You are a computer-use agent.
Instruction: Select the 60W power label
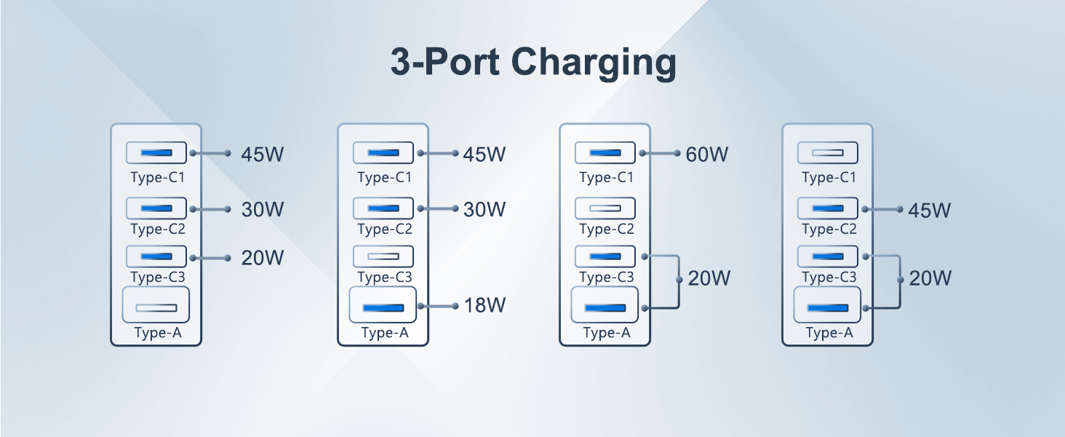pyautogui.click(x=706, y=154)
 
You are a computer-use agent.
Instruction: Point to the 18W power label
pyautogui.click(x=484, y=305)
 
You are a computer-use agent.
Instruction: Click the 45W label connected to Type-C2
pyautogui.click(x=929, y=210)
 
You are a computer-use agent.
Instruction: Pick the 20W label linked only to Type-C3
pyautogui.click(x=263, y=258)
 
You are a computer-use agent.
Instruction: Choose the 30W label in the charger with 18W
pyautogui.click(x=484, y=210)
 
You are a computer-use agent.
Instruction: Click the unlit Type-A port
pyautogui.click(x=156, y=306)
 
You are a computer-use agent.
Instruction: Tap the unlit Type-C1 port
pyautogui.click(x=828, y=153)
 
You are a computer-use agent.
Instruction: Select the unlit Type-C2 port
pyautogui.click(x=605, y=209)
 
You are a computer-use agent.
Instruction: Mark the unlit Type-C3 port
pyautogui.click(x=383, y=256)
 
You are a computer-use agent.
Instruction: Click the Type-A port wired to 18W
pyautogui.click(x=383, y=305)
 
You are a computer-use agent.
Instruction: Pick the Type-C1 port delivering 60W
pyautogui.click(x=605, y=153)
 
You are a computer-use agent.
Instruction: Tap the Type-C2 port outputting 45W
pyautogui.click(x=828, y=209)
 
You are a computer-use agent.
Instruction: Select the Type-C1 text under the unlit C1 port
pyautogui.click(x=829, y=178)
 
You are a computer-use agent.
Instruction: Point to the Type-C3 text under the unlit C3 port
pyautogui.click(x=385, y=277)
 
